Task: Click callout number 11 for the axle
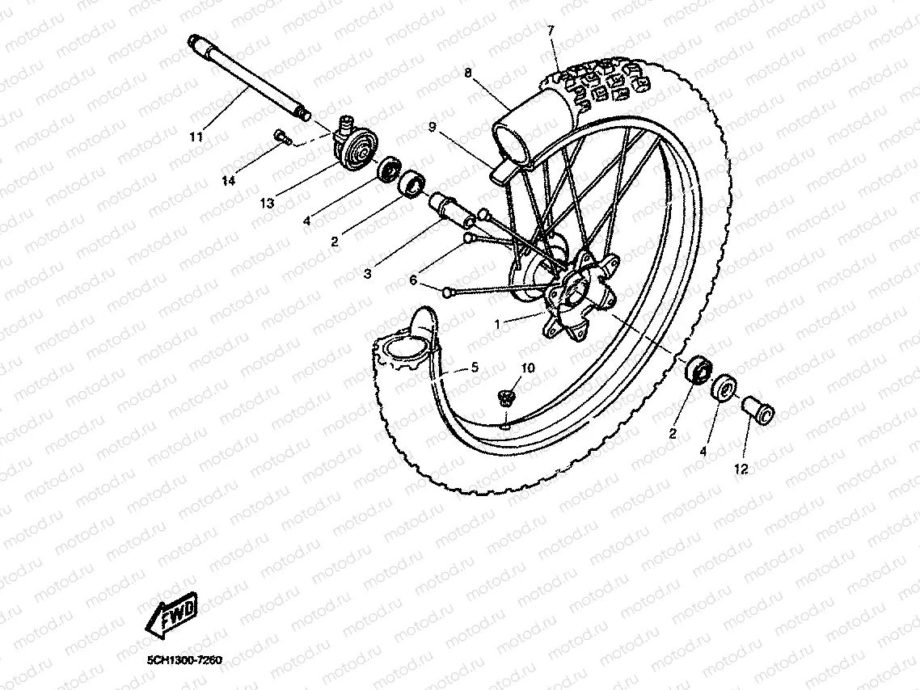click(196, 137)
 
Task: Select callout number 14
click(229, 182)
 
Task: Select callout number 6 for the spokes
click(413, 280)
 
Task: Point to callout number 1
click(499, 324)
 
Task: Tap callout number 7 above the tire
click(551, 31)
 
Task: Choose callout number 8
click(468, 72)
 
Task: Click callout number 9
click(432, 127)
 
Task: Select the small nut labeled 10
click(506, 396)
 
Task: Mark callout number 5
click(475, 368)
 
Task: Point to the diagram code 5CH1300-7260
click(184, 660)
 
